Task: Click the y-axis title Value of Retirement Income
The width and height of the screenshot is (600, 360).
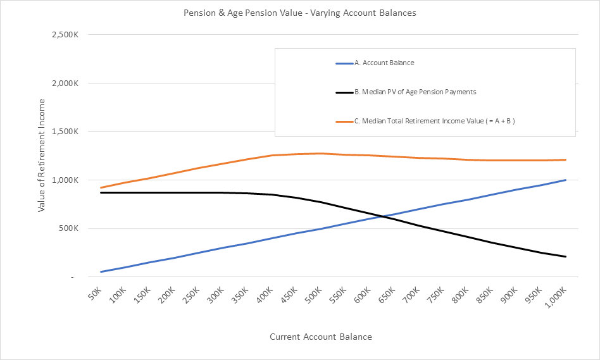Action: [x=42, y=155]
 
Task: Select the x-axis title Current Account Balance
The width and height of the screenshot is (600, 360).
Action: [x=321, y=337]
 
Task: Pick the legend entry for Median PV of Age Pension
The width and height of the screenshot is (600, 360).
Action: [x=415, y=92]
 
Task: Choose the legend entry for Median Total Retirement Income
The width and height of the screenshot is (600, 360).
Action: [x=434, y=121]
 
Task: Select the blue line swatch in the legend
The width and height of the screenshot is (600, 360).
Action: [x=344, y=63]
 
